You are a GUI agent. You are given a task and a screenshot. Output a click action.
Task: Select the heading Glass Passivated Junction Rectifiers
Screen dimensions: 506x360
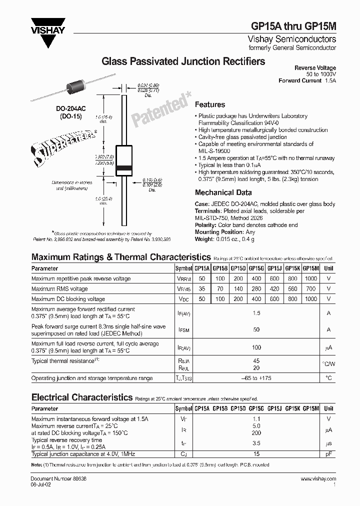point(183,61)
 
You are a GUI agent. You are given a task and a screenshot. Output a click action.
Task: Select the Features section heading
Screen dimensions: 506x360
point(209,104)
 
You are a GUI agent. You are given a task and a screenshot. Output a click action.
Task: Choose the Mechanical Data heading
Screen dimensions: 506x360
point(223,192)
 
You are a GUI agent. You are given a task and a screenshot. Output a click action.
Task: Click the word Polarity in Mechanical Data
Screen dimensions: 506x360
point(205,225)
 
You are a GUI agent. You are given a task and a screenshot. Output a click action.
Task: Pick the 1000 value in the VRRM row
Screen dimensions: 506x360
point(310,278)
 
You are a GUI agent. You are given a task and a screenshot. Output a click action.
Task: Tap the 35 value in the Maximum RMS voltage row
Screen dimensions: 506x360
point(201,289)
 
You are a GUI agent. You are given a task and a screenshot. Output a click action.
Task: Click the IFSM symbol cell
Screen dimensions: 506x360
point(183,329)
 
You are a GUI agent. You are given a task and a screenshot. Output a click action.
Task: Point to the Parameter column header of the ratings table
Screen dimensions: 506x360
point(44,268)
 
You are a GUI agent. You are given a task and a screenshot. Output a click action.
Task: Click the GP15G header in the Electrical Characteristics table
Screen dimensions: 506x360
point(256,408)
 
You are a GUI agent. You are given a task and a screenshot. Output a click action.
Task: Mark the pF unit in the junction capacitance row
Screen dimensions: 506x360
point(328,454)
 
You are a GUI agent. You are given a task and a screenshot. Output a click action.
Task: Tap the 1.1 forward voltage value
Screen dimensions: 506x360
point(256,419)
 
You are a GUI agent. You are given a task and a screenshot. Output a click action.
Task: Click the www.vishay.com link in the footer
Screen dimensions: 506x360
point(318,479)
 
